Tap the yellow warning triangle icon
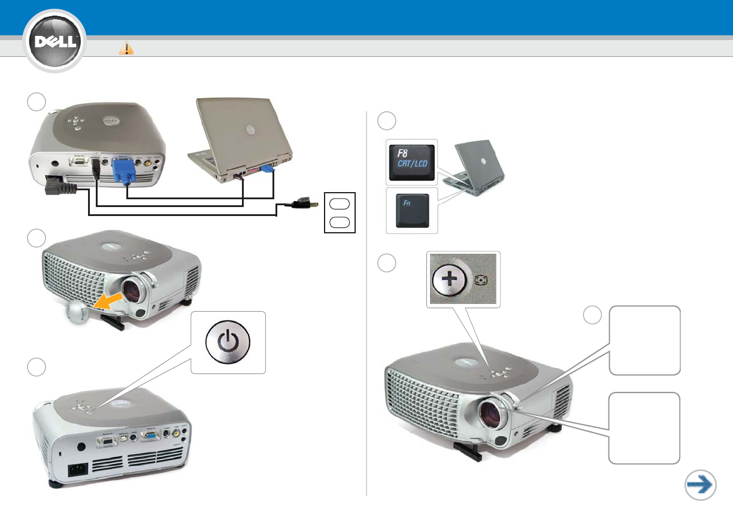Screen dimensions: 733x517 [x=126, y=48]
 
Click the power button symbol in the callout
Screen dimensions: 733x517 [x=228, y=343]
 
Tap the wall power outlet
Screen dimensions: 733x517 [x=340, y=212]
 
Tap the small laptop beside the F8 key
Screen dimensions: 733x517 [x=477, y=168]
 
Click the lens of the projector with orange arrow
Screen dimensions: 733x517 [x=137, y=290]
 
